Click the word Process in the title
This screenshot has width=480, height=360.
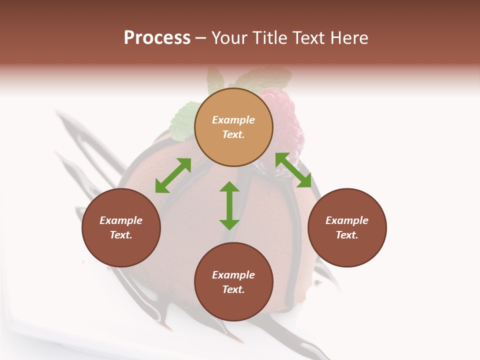157,38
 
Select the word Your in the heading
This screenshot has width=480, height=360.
229,38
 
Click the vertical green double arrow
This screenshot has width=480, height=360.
229,205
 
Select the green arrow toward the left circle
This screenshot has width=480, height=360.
173,175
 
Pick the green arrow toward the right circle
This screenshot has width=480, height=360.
293,170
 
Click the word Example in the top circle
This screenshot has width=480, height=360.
233,120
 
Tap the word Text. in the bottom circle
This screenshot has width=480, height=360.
233,289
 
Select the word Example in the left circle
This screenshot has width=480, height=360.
121,220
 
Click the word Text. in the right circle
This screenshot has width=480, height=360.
347,235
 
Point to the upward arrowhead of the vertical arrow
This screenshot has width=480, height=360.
229,187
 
